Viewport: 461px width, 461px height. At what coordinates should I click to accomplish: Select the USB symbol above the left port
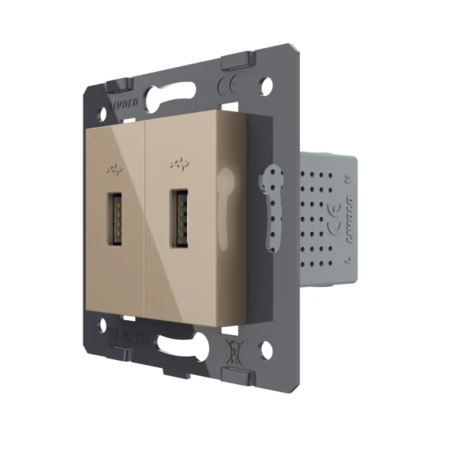click(x=115, y=169)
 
